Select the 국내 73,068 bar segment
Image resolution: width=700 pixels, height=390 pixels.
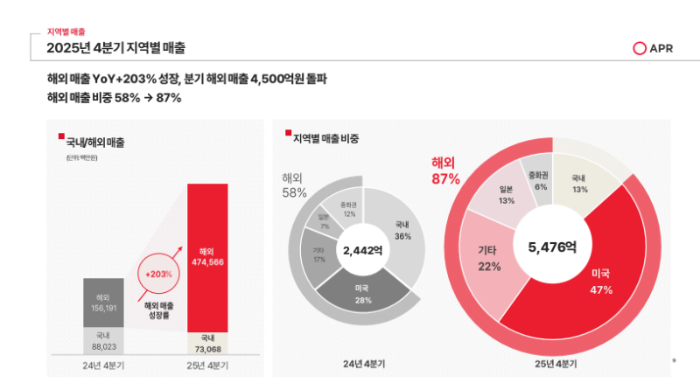coord(206,344)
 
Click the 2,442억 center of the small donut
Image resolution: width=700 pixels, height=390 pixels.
coord(362,250)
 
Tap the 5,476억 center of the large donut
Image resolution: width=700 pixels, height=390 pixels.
coord(551,247)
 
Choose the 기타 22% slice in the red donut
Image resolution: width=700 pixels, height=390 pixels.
coord(489,258)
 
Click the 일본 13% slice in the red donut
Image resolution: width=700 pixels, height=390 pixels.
coord(505,194)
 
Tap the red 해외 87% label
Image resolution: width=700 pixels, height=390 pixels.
coord(445,171)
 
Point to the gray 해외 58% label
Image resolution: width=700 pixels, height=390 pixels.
coord(295,185)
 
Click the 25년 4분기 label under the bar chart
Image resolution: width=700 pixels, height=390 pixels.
coord(206,364)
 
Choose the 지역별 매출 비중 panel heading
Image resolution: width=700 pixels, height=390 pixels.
coord(326,138)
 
